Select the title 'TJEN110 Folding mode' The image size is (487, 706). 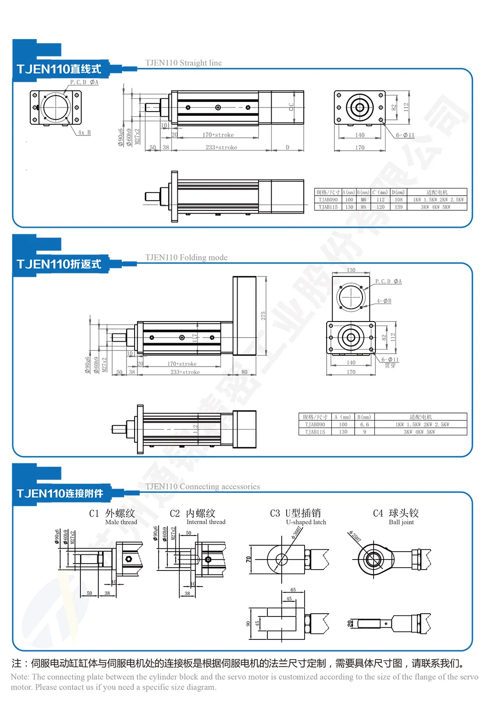186,258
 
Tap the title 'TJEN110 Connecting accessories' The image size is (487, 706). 202,486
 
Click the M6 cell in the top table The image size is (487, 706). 363,200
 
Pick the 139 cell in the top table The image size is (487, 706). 398,207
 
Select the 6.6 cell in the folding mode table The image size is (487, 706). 364,424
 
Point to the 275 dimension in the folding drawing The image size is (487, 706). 263,316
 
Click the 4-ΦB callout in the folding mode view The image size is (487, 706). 384,301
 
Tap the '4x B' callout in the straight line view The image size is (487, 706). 84,133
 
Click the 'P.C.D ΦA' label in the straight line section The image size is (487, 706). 84,82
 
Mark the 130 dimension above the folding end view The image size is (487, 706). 351,270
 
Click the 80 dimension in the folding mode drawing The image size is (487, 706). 244,372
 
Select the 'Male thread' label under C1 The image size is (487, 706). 121,522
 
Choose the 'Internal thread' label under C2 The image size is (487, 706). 206,522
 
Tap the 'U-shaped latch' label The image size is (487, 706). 306,522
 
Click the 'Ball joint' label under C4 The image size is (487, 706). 401,522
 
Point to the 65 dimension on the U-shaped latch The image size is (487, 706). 293,590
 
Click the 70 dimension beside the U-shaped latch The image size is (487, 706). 249,559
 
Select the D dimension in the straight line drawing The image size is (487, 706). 288,147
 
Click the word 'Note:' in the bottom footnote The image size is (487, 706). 20,677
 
